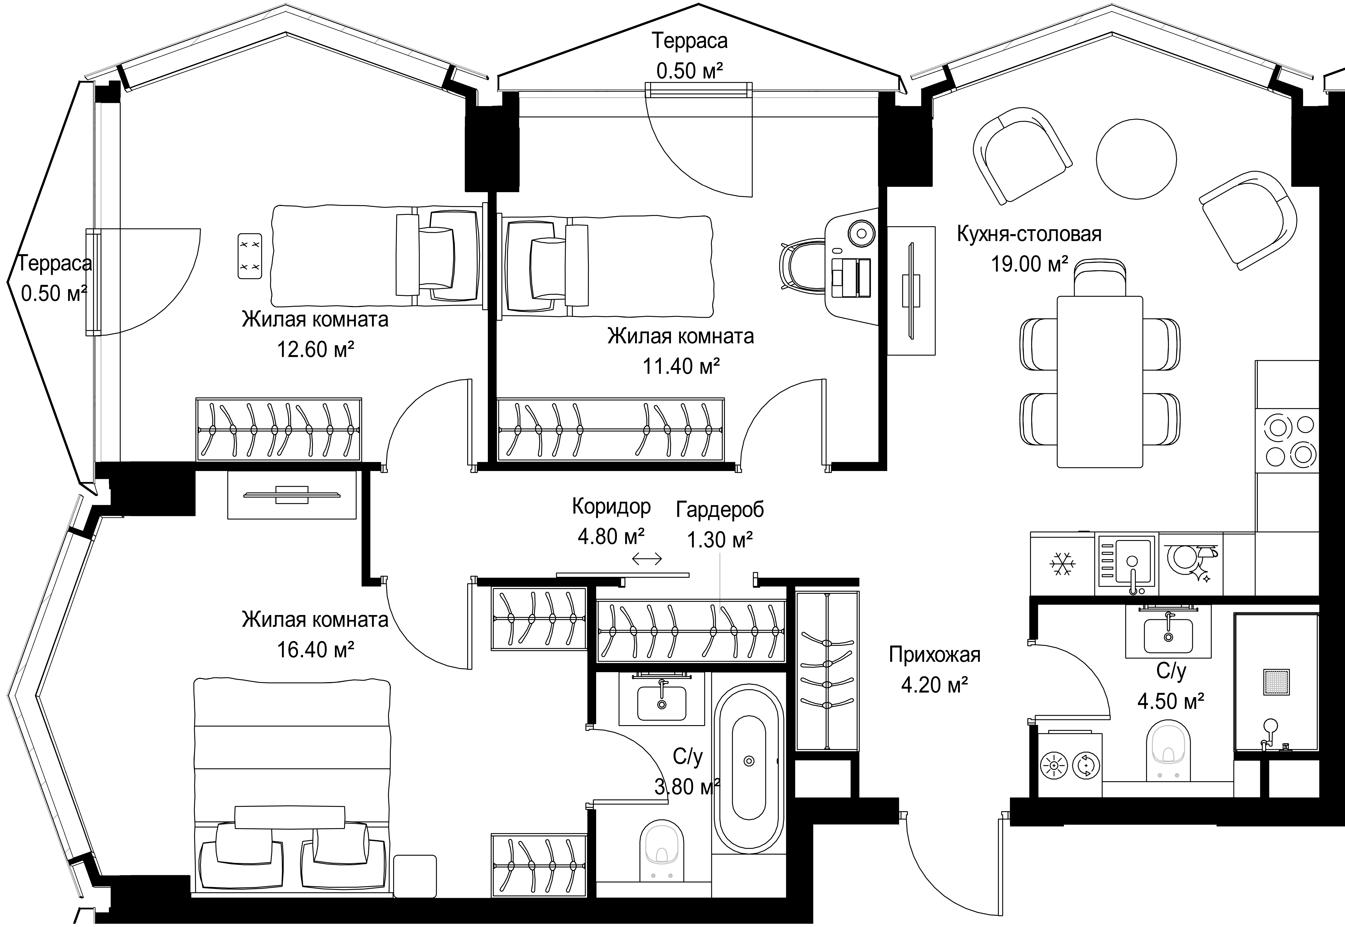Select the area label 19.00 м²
click(x=1029, y=264)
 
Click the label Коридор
click(x=611, y=506)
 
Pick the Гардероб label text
click(x=720, y=509)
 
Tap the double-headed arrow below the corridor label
click(x=647, y=559)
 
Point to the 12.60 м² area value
click(x=315, y=350)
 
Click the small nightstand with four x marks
click(x=250, y=256)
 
